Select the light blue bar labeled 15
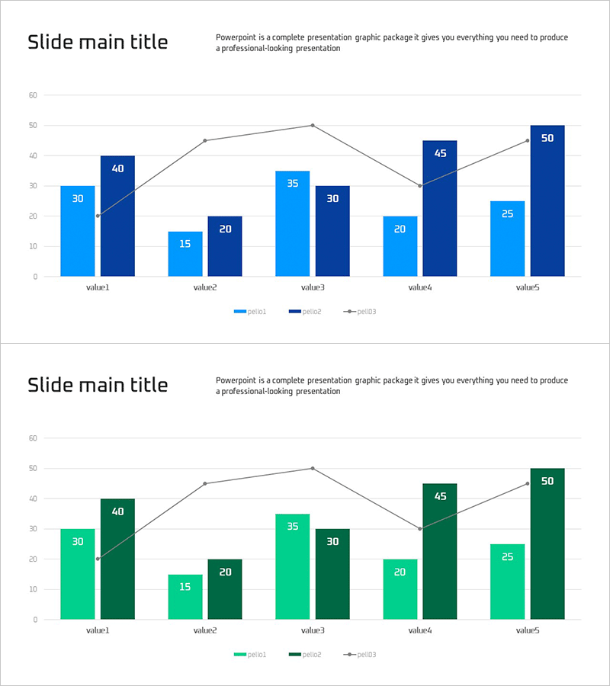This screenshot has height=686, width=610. [185, 254]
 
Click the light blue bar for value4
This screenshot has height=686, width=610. [400, 246]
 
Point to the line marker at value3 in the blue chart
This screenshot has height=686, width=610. [312, 125]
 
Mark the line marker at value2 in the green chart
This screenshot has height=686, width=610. [204, 483]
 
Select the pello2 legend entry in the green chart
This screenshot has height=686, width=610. [305, 655]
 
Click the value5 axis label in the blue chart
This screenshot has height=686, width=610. [527, 288]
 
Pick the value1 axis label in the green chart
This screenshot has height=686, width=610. [98, 631]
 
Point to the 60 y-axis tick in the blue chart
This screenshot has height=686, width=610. [33, 95]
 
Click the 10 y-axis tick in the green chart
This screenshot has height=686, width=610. [33, 589]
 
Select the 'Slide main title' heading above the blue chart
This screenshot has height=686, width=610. [98, 42]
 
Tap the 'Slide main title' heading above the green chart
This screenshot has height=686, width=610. [98, 385]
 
